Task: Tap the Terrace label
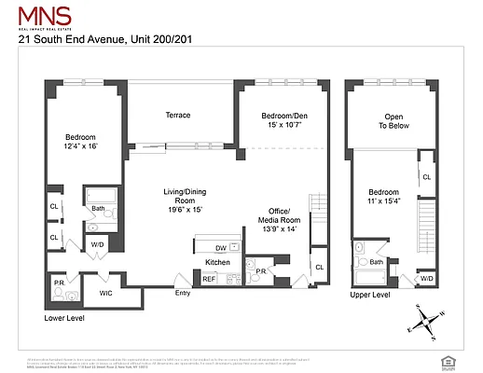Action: pyautogui.click(x=178, y=116)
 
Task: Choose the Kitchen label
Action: pyautogui.click(x=217, y=263)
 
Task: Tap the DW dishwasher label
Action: pyautogui.click(x=220, y=248)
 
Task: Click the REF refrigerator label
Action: pyautogui.click(x=209, y=278)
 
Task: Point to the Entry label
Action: pyautogui.click(x=183, y=294)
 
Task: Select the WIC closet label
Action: pyautogui.click(x=106, y=294)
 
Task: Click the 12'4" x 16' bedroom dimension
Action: pyautogui.click(x=80, y=146)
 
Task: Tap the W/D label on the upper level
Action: pyautogui.click(x=426, y=278)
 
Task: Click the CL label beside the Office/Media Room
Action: pyautogui.click(x=319, y=268)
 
